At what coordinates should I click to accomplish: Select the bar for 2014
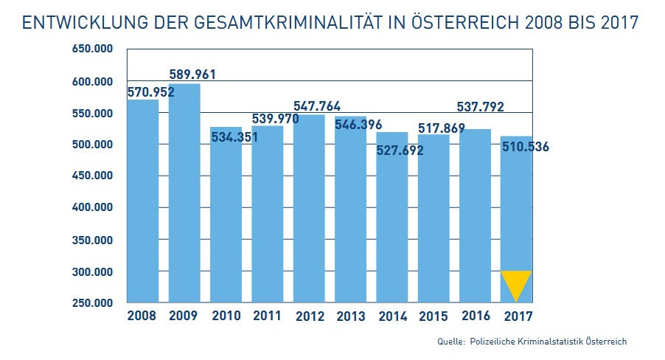coord(391,221)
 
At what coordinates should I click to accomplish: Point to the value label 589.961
coord(192,75)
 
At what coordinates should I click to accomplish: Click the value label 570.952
coord(150,93)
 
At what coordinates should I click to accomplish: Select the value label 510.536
coord(525,147)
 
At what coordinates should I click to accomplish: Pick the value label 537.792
coord(480,107)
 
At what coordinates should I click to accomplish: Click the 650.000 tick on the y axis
coord(92,49)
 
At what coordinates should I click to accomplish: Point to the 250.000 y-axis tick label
coord(92,303)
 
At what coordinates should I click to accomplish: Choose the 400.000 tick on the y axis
coord(92,208)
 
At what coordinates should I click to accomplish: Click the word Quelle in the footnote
coord(450,342)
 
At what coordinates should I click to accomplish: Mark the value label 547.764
coord(317,106)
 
